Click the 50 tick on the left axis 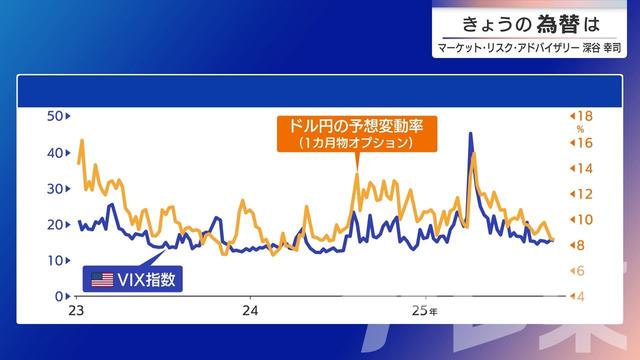(56, 117)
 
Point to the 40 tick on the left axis (56, 153)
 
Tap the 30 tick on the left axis (56, 189)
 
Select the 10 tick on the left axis (56, 260)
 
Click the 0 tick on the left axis (60, 296)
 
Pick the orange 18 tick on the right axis (585, 117)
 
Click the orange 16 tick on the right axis (585, 143)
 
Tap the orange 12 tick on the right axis (585, 194)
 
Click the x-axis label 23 (74, 311)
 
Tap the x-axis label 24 (251, 311)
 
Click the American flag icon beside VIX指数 (102, 280)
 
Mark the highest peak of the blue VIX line (470, 134)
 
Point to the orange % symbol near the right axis (579, 129)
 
